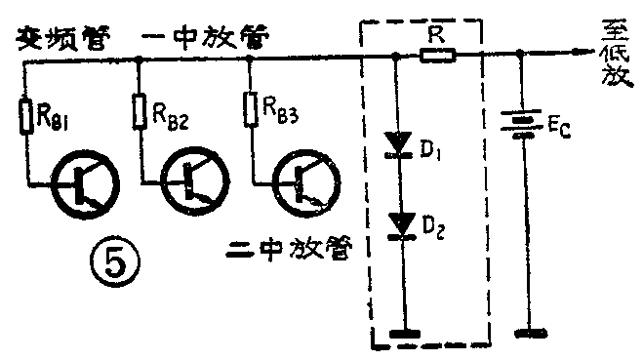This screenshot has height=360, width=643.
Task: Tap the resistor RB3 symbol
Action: (x=253, y=112)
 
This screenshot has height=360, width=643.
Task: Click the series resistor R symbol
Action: (x=437, y=58)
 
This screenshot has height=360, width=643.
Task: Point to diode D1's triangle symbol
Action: (x=397, y=142)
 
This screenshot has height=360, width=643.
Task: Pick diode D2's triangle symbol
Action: (x=397, y=226)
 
